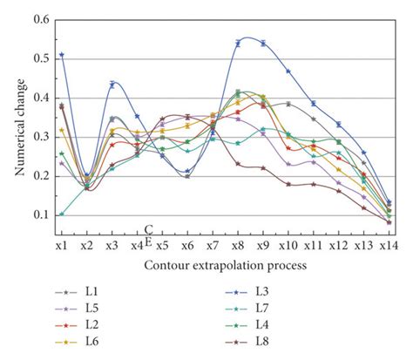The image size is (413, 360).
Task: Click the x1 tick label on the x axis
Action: [61, 247]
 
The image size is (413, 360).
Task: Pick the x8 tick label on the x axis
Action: [237, 247]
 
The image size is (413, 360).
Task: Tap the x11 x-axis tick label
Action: [313, 247]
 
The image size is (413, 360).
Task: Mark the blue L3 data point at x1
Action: [61, 55]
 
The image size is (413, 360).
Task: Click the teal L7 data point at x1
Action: [61, 214]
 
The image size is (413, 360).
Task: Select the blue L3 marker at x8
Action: [238, 43]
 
